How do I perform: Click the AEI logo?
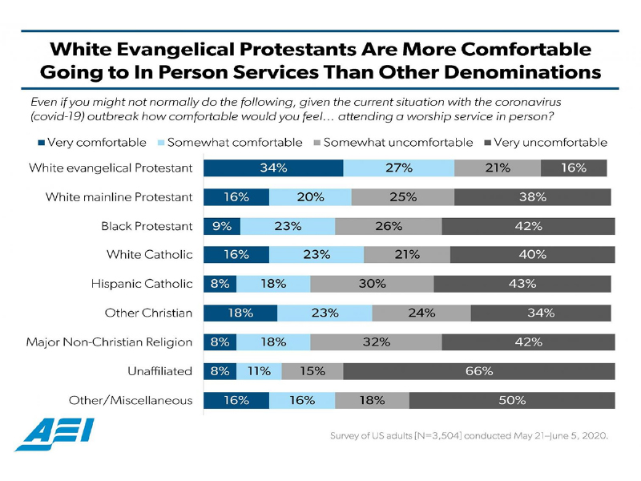click(x=54, y=434)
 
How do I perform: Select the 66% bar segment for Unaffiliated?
click(x=479, y=371)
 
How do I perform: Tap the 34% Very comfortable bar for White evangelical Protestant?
click(x=273, y=168)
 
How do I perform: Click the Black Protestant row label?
click(x=147, y=226)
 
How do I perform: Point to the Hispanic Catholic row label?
click(x=142, y=284)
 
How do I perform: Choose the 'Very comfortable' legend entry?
click(x=91, y=143)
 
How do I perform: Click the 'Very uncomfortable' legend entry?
click(x=545, y=143)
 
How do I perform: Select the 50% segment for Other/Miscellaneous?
click(x=512, y=400)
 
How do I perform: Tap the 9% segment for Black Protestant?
click(x=222, y=226)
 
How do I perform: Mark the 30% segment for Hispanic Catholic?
click(x=372, y=284)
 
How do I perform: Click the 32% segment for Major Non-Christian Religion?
click(x=376, y=342)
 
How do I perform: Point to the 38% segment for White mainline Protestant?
click(x=532, y=197)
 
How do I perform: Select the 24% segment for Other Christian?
click(x=421, y=313)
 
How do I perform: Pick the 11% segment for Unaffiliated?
click(x=259, y=371)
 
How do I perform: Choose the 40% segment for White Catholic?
click(x=532, y=255)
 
